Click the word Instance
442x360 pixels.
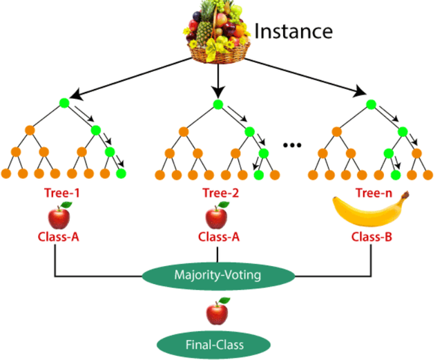pyautogui.click(x=294, y=31)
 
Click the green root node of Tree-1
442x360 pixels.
pyautogui.click(x=65, y=104)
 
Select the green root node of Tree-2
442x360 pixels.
pyautogui.click(x=218, y=104)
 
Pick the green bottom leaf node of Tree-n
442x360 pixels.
pyautogui.click(x=395, y=173)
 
